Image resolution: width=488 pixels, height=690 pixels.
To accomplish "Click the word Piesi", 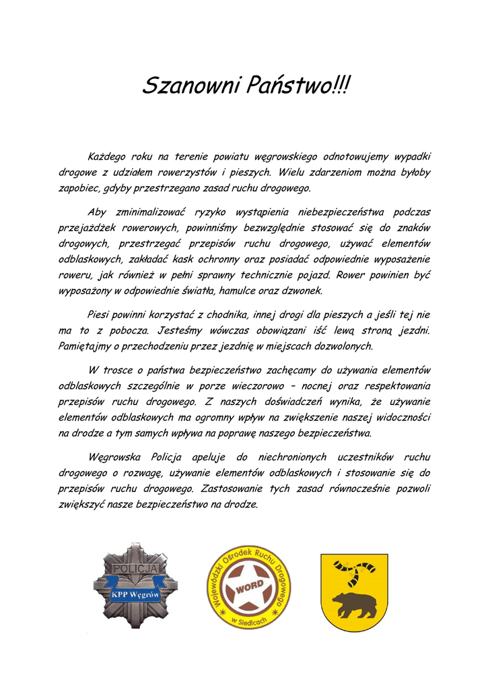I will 100,315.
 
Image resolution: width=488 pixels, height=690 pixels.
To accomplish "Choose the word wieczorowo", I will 275,386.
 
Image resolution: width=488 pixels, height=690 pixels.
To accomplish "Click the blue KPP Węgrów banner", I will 135,595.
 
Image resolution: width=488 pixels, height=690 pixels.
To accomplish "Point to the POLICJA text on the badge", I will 135,569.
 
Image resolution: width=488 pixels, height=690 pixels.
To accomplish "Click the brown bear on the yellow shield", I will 355,604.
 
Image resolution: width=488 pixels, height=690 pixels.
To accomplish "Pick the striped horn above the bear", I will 355,569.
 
